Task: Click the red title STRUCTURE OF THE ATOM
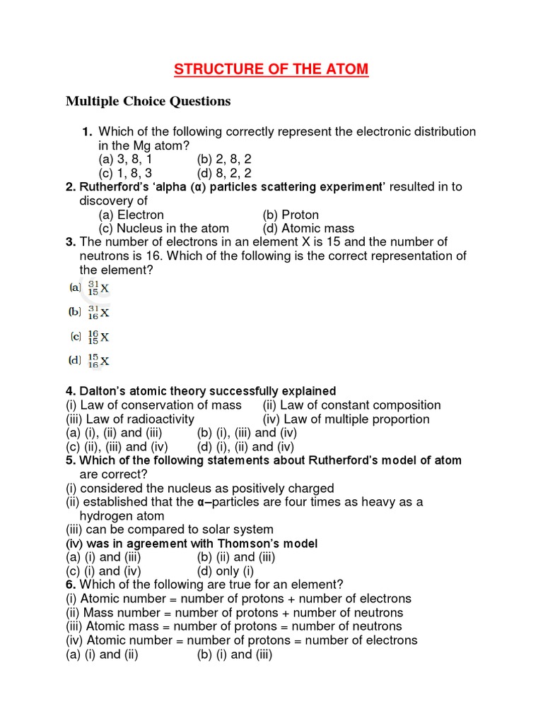click(x=271, y=69)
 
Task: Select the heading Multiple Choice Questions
click(x=148, y=102)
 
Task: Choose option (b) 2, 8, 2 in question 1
click(x=224, y=160)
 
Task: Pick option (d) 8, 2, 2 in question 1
click(x=224, y=173)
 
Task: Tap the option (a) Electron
click(x=131, y=215)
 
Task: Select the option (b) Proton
click(x=290, y=215)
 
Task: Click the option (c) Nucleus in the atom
click(x=163, y=228)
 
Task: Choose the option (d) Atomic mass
click(x=308, y=228)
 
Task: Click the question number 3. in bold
click(x=71, y=242)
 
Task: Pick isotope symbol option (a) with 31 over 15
click(x=90, y=288)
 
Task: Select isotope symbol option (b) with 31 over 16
click(x=90, y=311)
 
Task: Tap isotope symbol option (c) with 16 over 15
click(x=90, y=336)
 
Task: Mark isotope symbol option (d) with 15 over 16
click(x=90, y=361)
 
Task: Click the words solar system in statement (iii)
click(x=237, y=530)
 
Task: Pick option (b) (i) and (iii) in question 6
click(x=234, y=654)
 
